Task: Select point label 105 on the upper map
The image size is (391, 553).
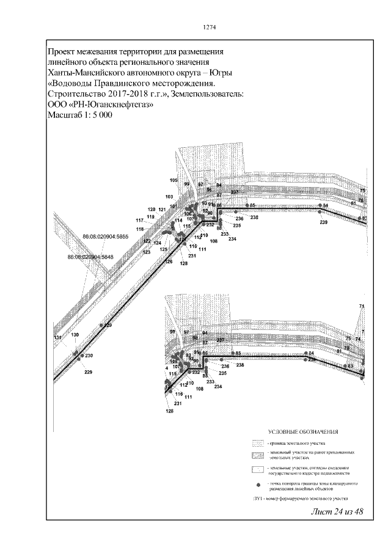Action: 174,181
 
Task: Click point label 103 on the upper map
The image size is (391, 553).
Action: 169,197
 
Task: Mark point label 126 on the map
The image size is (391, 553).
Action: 169,262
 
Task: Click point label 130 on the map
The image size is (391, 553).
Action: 75,335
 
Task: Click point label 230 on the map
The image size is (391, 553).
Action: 89,356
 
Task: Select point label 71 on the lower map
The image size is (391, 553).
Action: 361,306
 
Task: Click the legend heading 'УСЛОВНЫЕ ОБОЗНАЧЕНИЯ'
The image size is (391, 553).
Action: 299,432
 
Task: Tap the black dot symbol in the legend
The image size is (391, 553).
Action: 258,485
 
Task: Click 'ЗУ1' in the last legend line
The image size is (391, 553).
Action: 257,499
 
